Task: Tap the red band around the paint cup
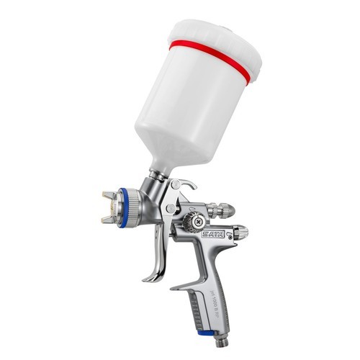coord(209,56)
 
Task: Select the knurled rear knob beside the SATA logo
coord(241,231)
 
